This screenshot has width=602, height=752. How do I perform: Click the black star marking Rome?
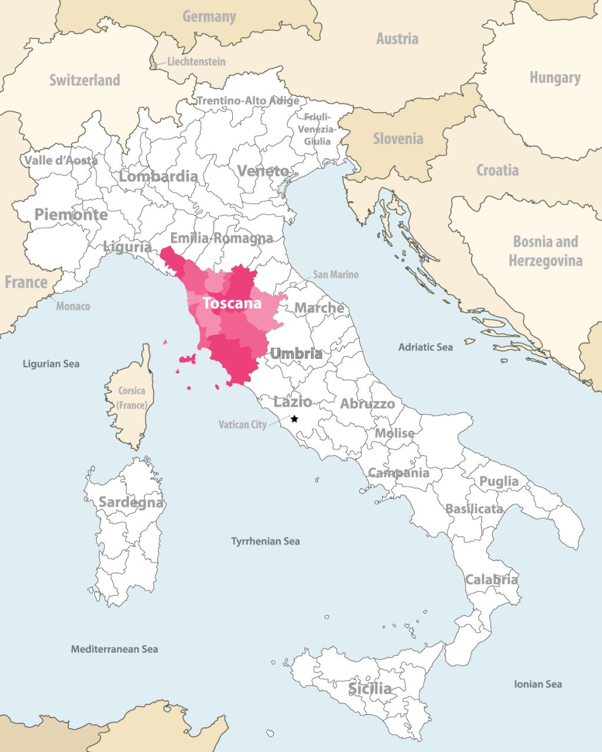tap(295, 419)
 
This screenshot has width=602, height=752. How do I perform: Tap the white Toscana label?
tap(232, 304)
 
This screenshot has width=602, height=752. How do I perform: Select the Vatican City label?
tap(242, 424)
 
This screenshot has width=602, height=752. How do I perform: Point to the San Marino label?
tap(335, 274)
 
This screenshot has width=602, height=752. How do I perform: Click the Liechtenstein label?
tap(196, 61)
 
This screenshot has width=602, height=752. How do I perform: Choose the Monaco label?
tap(73, 306)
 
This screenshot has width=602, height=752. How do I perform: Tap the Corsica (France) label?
tap(132, 398)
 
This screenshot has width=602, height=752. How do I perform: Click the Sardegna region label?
tap(131, 502)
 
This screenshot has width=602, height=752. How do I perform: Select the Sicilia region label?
tap(370, 688)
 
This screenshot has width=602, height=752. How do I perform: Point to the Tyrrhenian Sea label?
tap(265, 541)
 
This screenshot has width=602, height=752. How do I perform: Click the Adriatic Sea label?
tap(426, 347)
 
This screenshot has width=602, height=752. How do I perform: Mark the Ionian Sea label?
tap(537, 684)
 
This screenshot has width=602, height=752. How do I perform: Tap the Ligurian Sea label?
tap(51, 364)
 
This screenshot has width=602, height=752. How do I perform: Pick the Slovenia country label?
tap(398, 139)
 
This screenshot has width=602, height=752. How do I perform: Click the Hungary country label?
tap(554, 78)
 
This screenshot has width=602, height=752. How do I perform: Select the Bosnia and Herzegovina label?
tap(546, 251)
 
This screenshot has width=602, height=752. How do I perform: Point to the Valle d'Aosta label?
tap(61, 160)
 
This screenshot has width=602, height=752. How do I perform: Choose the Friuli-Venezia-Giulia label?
tap(317, 129)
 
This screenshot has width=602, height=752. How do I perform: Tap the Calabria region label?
tap(491, 580)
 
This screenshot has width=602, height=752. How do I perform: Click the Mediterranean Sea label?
tap(114, 649)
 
